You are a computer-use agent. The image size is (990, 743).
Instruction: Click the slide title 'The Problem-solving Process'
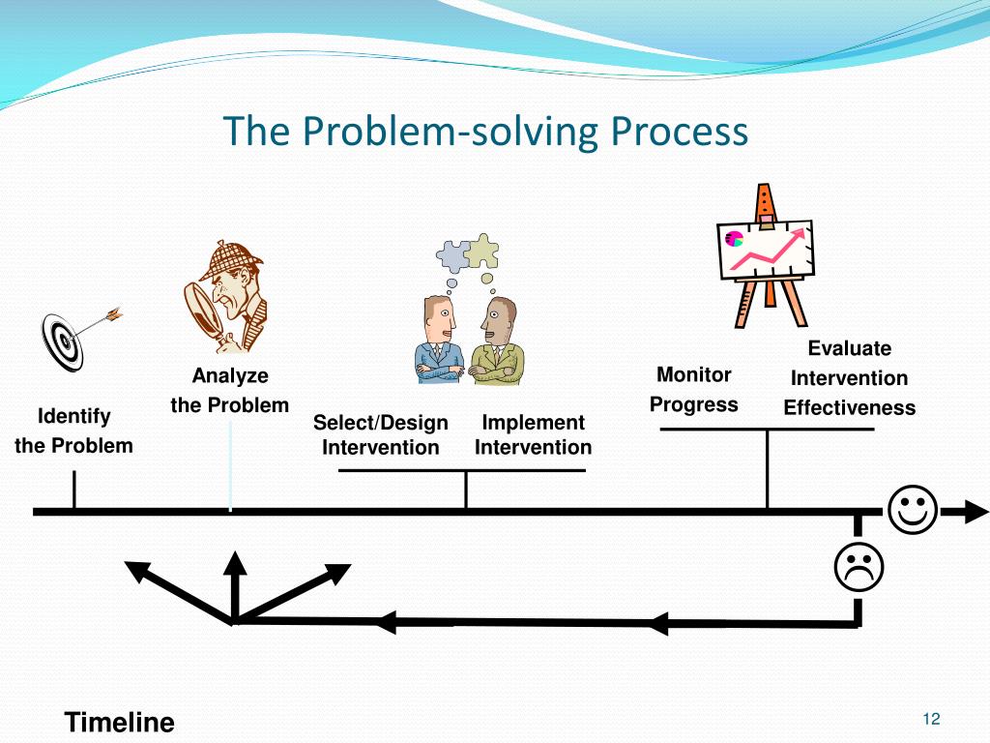pyautogui.click(x=485, y=131)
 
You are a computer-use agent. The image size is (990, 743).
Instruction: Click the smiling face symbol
pyautogui.click(x=911, y=510)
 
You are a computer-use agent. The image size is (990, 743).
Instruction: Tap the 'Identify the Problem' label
pyautogui.click(x=73, y=431)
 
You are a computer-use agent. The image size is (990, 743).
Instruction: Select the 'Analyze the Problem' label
pyautogui.click(x=230, y=390)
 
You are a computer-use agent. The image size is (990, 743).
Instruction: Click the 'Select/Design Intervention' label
pyautogui.click(x=381, y=434)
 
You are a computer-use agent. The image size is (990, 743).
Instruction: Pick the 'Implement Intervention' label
pyautogui.click(x=533, y=434)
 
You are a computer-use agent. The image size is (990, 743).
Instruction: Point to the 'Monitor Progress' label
pyautogui.click(x=693, y=389)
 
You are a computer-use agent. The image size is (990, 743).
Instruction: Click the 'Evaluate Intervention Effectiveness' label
pyautogui.click(x=849, y=377)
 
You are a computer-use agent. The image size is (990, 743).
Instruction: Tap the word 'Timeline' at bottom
pyautogui.click(x=119, y=722)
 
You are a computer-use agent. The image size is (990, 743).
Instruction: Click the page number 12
pyautogui.click(x=932, y=718)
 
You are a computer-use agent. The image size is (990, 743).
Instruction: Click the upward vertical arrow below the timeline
pyautogui.click(x=234, y=580)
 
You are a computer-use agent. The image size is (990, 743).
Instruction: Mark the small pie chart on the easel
pyautogui.click(x=734, y=238)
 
